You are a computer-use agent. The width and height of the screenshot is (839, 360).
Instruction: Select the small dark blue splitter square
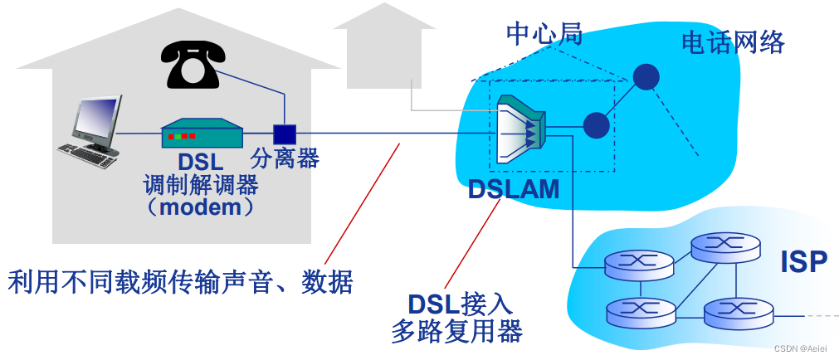[x=285, y=134]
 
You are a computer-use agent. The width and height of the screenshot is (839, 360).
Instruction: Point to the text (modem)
[x=201, y=207]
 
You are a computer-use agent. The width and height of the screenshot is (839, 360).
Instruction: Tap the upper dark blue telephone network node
[x=646, y=76]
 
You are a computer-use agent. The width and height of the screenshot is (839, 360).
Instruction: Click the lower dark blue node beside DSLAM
[x=596, y=125]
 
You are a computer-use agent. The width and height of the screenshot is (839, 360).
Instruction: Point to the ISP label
[x=803, y=261]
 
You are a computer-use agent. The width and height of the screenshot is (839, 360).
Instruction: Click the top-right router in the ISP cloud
[x=725, y=245]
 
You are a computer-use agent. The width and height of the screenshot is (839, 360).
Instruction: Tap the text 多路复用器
[x=456, y=332]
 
